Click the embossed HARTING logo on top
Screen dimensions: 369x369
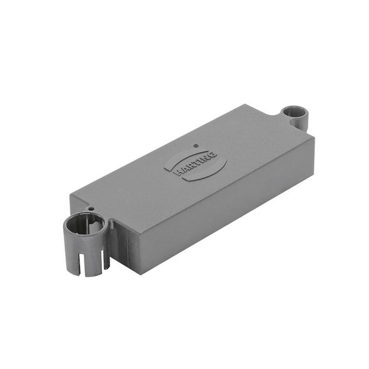196,164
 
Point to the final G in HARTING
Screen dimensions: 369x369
213,154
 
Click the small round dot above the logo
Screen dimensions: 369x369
196,146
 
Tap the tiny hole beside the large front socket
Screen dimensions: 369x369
92,208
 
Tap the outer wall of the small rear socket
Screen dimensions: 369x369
302,123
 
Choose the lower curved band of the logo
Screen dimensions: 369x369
208,173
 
